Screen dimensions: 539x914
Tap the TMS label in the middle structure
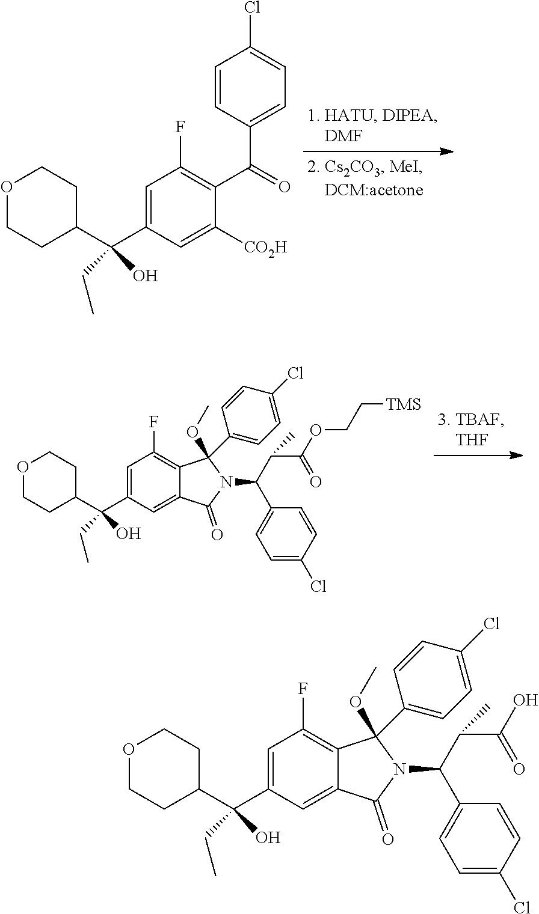402,404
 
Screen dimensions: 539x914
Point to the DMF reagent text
344,137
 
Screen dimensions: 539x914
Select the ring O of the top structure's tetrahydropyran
7,186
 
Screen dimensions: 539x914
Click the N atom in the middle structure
226,481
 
